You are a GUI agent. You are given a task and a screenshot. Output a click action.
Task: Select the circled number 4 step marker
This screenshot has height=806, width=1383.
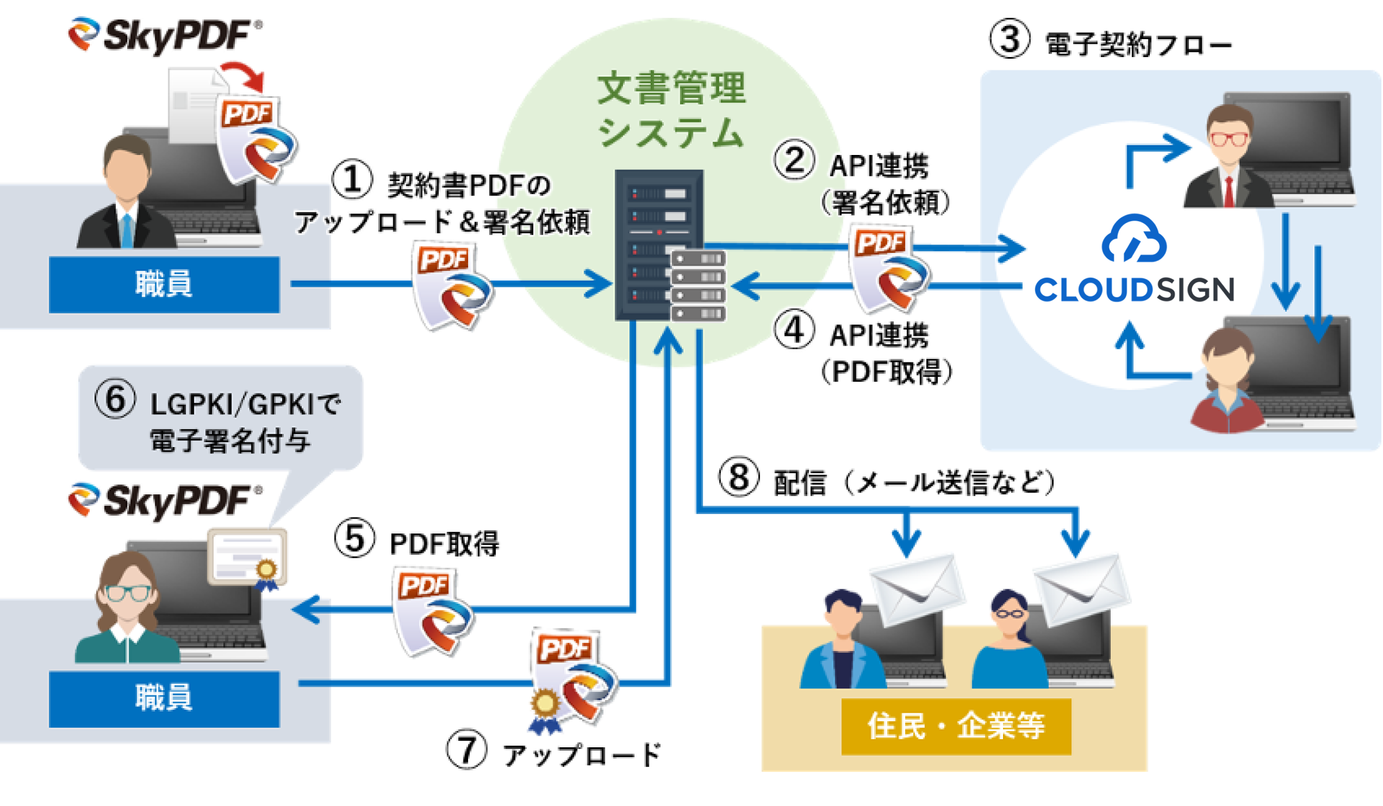794,330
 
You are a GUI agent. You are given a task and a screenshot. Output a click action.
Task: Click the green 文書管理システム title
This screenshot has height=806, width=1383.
671,109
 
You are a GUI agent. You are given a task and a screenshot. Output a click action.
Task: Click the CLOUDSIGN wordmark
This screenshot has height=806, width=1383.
1134,290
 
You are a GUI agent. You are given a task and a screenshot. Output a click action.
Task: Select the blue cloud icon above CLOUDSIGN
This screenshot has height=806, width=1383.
1134,239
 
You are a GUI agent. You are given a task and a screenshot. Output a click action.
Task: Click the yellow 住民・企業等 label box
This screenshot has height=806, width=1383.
956,726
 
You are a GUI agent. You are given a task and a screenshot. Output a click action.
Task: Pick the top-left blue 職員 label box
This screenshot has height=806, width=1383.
164,285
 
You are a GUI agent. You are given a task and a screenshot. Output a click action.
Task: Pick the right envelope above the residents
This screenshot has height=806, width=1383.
1081,588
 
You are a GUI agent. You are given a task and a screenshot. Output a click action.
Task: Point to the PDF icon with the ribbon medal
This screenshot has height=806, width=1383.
570,680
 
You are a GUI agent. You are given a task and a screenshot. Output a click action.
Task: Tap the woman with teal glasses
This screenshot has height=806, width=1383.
127,611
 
